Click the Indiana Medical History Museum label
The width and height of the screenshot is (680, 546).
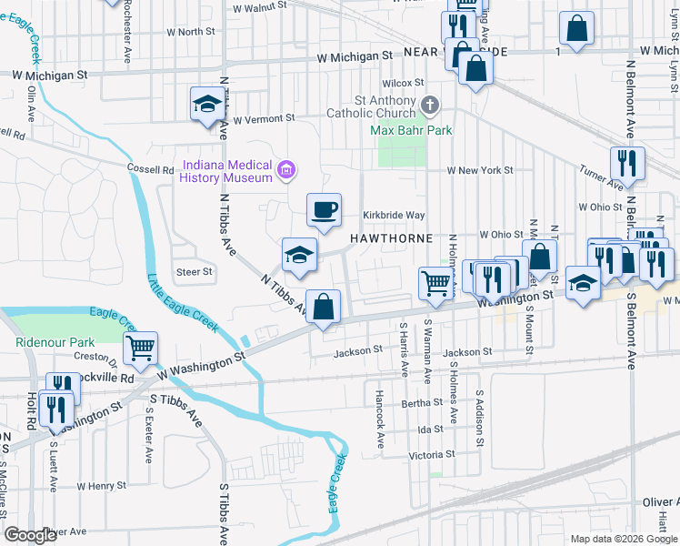[x=227, y=170]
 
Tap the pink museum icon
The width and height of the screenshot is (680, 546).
[x=287, y=169]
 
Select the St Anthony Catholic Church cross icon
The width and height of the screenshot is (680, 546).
[x=430, y=106]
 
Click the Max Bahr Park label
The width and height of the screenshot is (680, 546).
[x=411, y=130]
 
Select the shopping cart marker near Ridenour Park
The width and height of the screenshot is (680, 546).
[x=141, y=348]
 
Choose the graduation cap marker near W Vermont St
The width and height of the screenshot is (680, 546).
[x=207, y=105]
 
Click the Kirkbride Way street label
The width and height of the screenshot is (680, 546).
[x=394, y=215]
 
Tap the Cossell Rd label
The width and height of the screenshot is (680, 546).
[x=151, y=169]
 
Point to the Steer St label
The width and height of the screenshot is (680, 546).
[x=194, y=271]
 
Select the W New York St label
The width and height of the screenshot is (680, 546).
[x=479, y=170]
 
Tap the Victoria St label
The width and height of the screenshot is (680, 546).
[x=431, y=454]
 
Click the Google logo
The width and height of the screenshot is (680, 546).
[x=30, y=535]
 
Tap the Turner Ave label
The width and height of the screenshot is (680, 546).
[x=597, y=173]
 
